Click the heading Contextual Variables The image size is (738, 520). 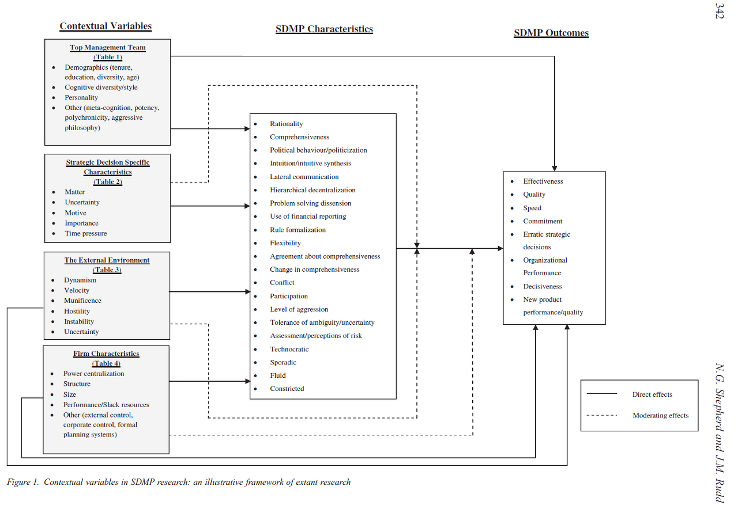(x=106, y=26)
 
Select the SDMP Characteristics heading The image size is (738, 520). (x=324, y=29)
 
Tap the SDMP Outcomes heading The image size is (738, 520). (x=551, y=33)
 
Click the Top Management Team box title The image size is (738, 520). (x=108, y=47)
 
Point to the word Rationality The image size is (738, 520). (x=286, y=124)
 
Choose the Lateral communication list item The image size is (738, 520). (x=304, y=177)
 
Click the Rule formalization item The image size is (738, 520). (x=298, y=230)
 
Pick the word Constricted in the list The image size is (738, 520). (x=287, y=389)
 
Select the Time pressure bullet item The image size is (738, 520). (x=85, y=233)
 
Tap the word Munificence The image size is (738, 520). (x=82, y=301)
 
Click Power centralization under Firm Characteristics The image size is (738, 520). (x=93, y=374)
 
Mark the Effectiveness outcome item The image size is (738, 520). (x=543, y=181)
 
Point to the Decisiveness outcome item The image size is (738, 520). (x=542, y=286)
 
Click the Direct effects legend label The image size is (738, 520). (x=652, y=394)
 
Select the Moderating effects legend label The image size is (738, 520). (x=660, y=415)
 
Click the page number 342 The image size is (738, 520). (x=719, y=11)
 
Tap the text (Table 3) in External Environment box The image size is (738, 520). (x=107, y=270)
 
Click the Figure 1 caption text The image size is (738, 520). (x=179, y=482)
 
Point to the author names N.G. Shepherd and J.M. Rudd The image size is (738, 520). (x=719, y=432)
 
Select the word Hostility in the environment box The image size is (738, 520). (x=77, y=311)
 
